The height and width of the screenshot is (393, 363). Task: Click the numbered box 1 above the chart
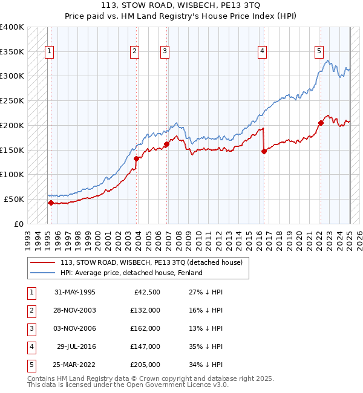tap(48, 52)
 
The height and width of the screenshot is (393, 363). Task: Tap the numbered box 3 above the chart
tap(164, 52)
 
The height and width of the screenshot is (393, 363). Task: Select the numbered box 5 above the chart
tap(319, 52)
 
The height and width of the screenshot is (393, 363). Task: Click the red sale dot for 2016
tap(264, 152)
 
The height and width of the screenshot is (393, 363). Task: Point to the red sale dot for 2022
tap(321, 123)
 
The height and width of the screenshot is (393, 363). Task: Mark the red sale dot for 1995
tap(51, 203)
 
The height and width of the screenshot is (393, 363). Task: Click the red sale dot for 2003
tap(137, 158)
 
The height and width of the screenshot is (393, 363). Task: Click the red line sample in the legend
tap(42, 263)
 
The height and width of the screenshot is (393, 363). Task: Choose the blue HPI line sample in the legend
tap(42, 273)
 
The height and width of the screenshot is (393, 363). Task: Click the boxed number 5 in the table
tap(30, 365)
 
